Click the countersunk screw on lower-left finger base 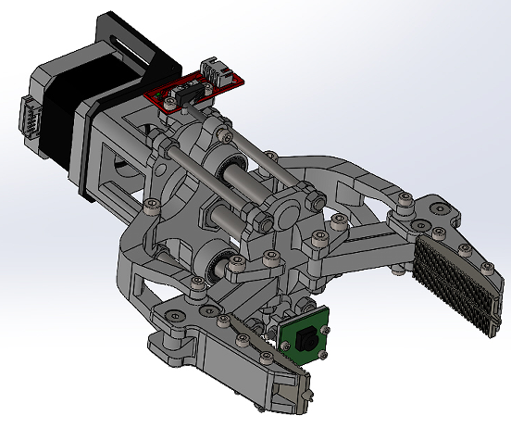click(x=174, y=319)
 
